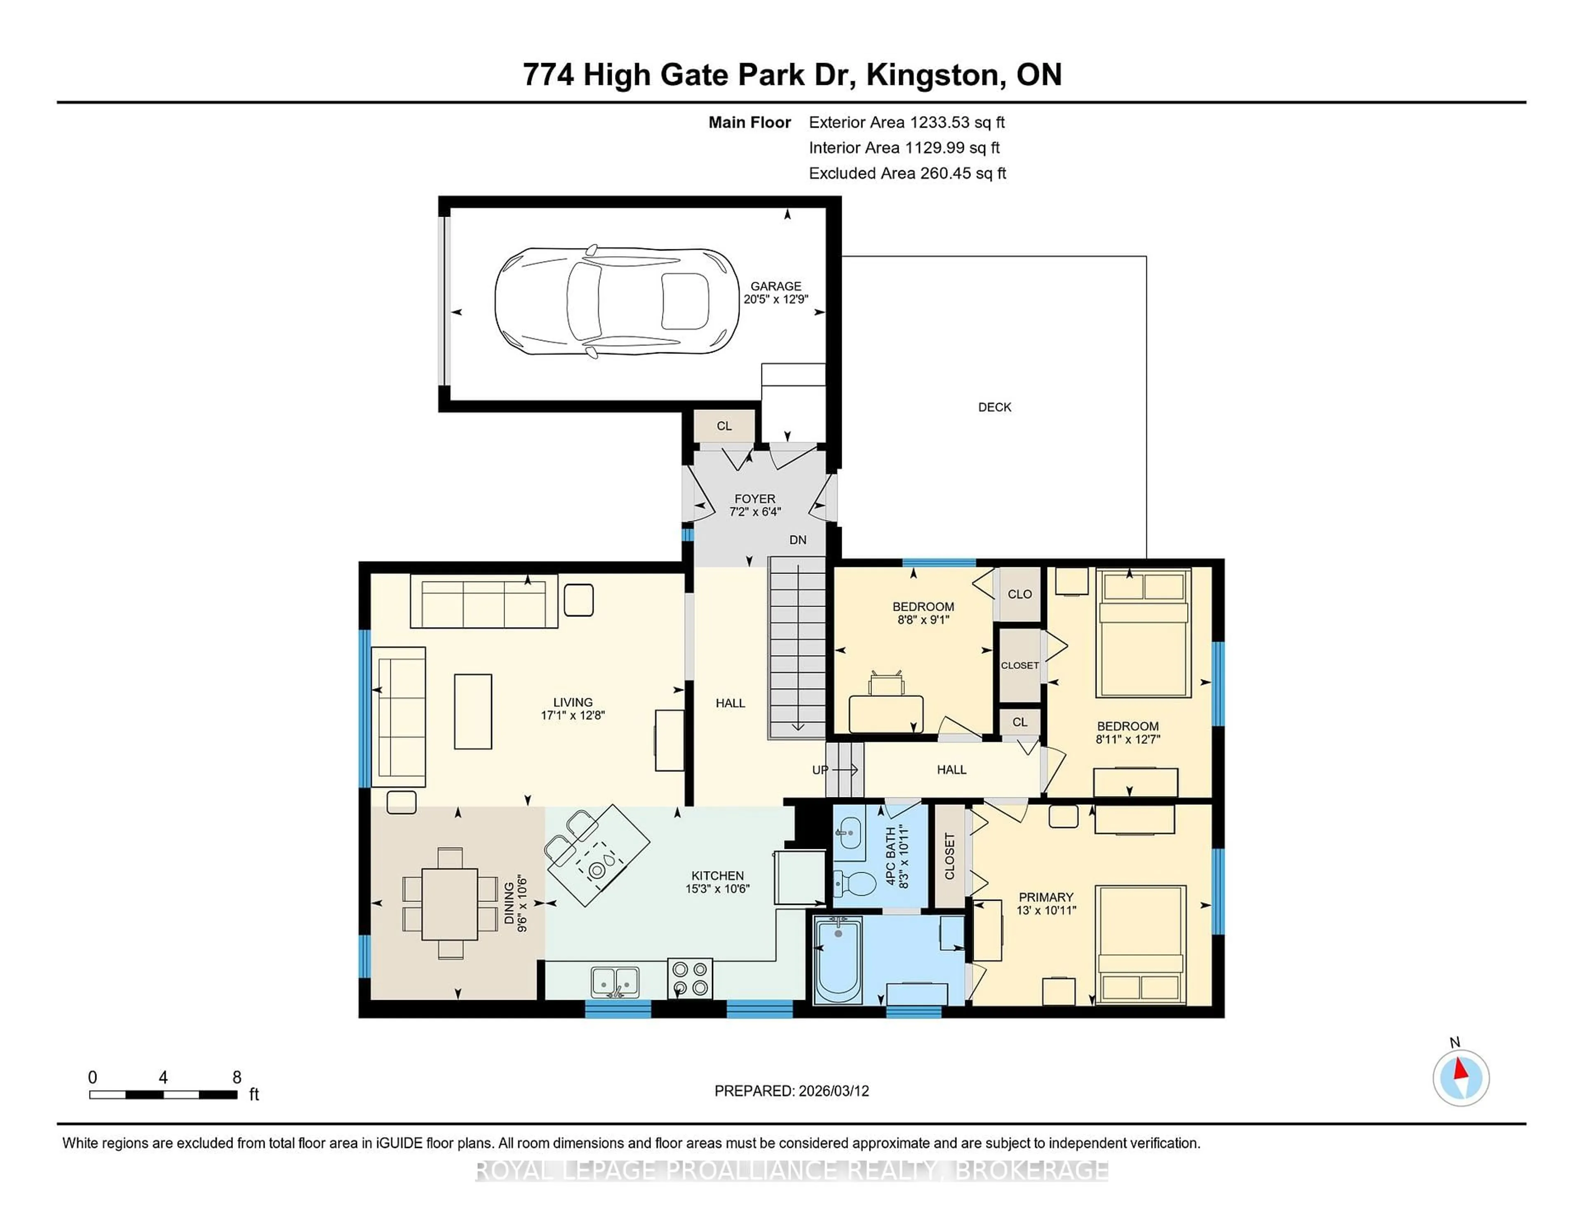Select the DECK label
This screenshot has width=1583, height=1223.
994,407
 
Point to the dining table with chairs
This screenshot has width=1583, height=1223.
449,904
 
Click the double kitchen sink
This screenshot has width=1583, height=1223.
615,982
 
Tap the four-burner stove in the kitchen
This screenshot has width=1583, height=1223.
689,978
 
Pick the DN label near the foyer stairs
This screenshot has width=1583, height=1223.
797,540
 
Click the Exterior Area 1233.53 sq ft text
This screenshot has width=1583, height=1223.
907,122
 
